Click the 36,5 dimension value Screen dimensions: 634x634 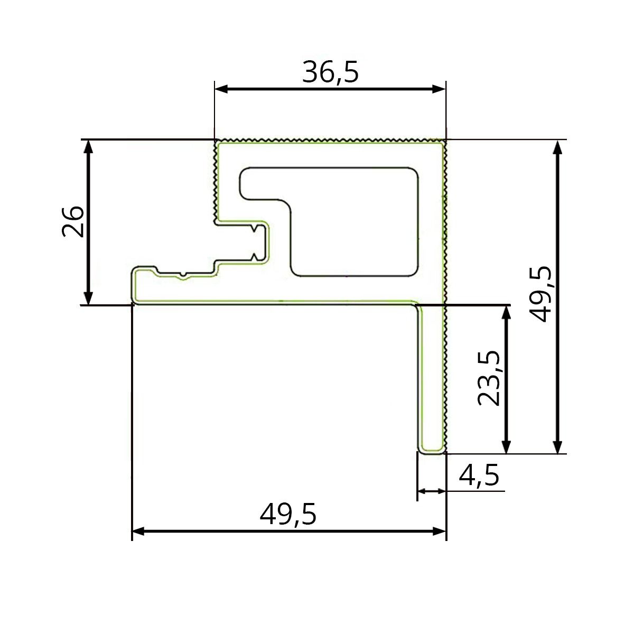330,72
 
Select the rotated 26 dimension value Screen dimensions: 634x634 73,222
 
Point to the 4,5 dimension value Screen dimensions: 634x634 479,475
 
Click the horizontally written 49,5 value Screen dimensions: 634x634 288,514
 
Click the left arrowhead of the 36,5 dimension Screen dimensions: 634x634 221,89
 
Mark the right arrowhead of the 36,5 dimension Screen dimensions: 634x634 440,89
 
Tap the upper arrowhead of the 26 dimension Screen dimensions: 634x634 89,147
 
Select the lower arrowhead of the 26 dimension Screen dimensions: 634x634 89,298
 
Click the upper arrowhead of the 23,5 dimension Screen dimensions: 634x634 506,312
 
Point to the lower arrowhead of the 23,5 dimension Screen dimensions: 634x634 506,446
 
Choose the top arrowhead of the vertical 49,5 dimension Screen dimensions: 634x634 557,147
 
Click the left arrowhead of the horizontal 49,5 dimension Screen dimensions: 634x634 138,531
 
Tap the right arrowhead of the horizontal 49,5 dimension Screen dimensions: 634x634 440,531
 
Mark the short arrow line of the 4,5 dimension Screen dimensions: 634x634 432,491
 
